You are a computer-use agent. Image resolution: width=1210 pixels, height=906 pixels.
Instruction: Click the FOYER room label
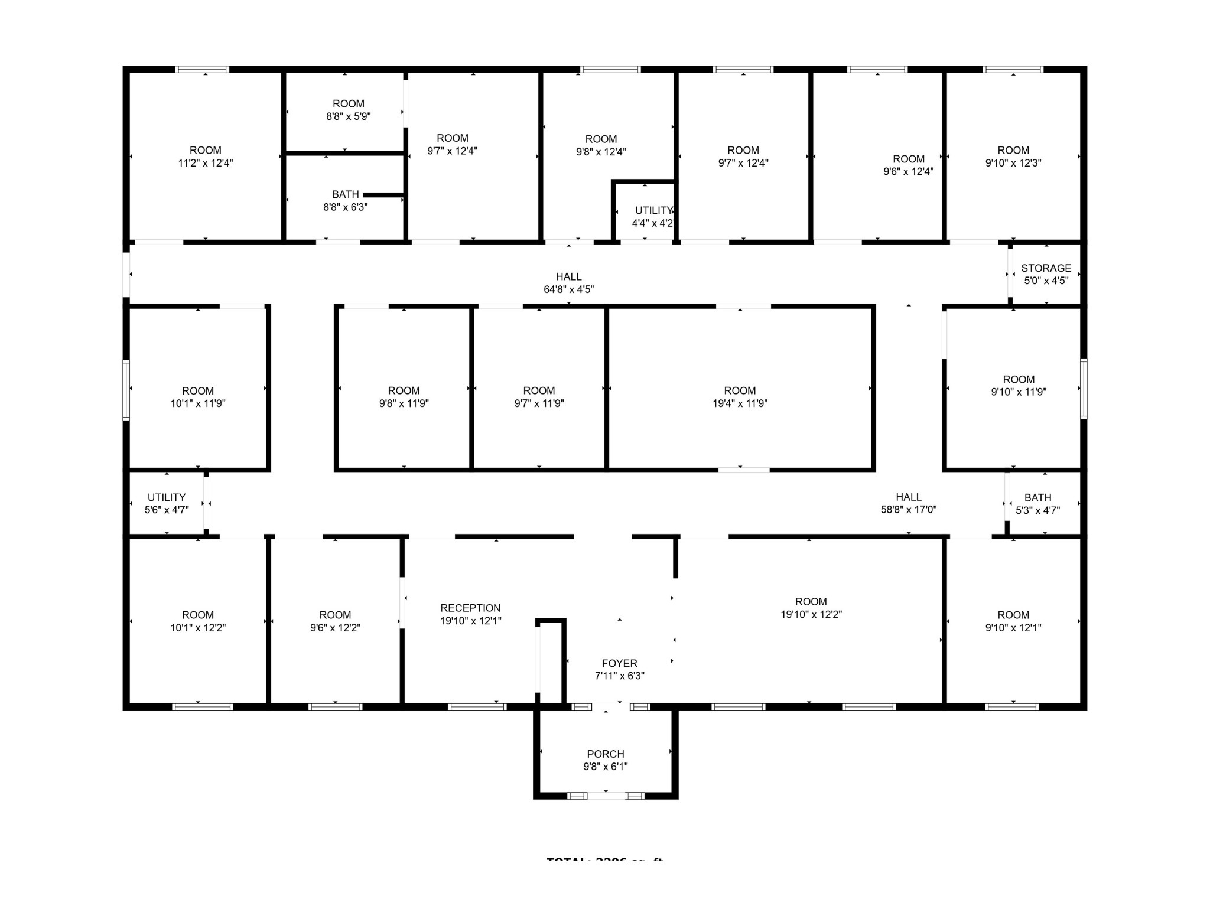619,663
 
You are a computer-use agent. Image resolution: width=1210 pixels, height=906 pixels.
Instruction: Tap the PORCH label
606,754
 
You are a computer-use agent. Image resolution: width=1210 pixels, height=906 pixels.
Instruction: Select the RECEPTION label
470,608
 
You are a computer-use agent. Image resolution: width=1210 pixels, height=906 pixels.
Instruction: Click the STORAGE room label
1046,268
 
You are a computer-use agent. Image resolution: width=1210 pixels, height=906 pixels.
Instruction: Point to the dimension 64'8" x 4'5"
568,289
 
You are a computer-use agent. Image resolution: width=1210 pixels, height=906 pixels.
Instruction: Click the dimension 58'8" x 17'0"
909,510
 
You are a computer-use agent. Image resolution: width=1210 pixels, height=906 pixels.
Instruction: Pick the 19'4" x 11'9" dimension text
740,403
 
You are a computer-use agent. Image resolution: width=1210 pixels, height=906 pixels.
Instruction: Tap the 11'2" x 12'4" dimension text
206,163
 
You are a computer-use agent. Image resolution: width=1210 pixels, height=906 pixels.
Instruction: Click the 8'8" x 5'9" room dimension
348,116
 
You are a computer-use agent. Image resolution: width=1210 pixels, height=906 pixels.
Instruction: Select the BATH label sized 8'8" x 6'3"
345,194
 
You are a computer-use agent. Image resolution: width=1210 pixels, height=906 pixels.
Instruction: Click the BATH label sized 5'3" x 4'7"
1037,497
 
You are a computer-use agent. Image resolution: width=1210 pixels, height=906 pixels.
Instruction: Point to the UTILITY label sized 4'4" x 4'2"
653,210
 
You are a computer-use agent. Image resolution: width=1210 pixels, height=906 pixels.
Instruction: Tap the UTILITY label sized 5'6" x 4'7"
167,497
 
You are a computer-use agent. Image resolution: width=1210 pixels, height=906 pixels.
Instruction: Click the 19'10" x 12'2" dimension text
811,614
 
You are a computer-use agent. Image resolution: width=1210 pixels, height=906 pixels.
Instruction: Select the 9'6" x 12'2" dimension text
335,628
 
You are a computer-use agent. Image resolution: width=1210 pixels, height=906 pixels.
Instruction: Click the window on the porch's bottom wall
606,796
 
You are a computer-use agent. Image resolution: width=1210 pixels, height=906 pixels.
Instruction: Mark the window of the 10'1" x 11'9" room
126,390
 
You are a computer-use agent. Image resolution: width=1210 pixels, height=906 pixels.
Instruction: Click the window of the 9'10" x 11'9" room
1084,389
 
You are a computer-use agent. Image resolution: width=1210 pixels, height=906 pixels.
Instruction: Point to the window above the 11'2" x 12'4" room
203,69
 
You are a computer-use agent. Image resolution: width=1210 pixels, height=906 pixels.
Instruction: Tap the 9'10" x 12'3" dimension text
1013,163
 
